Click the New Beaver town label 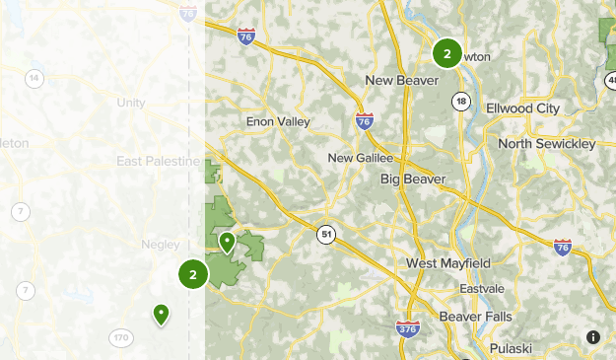[400, 80]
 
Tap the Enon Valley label [278, 121]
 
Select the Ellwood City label [522, 108]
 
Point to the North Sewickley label [547, 144]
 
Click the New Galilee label [361, 157]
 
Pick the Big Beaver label [413, 179]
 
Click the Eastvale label [480, 288]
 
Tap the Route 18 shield [461, 101]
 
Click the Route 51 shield [325, 234]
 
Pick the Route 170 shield [120, 338]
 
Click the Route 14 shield [34, 79]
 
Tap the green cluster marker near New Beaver [446, 53]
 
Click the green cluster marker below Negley [193, 274]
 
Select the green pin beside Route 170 [161, 314]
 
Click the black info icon [592, 336]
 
